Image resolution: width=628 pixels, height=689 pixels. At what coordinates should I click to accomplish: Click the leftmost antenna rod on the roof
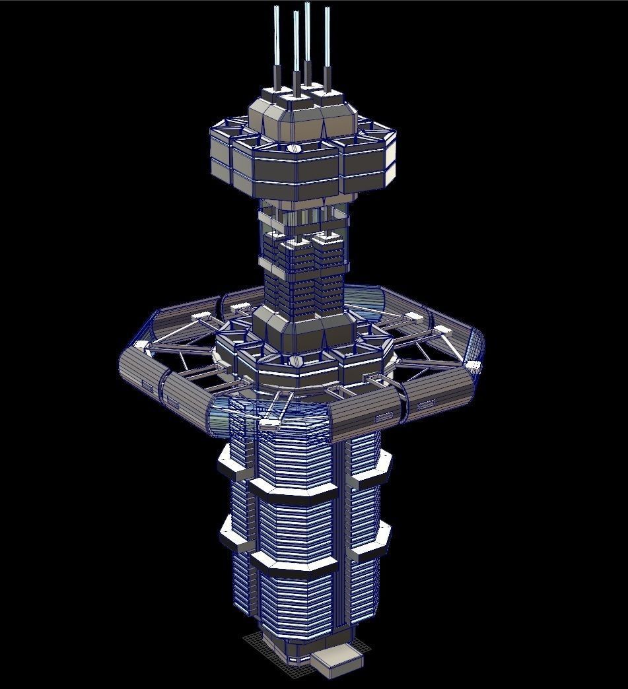click(277, 46)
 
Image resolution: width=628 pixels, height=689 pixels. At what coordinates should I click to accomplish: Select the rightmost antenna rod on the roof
click(327, 46)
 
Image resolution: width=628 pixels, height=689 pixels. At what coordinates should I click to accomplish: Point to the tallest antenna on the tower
click(308, 40)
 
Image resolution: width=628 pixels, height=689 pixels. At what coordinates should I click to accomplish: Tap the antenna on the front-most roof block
click(296, 53)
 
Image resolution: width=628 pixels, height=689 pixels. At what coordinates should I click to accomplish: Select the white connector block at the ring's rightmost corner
click(473, 365)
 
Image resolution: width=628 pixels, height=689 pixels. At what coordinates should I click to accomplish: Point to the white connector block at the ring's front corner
click(269, 424)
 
